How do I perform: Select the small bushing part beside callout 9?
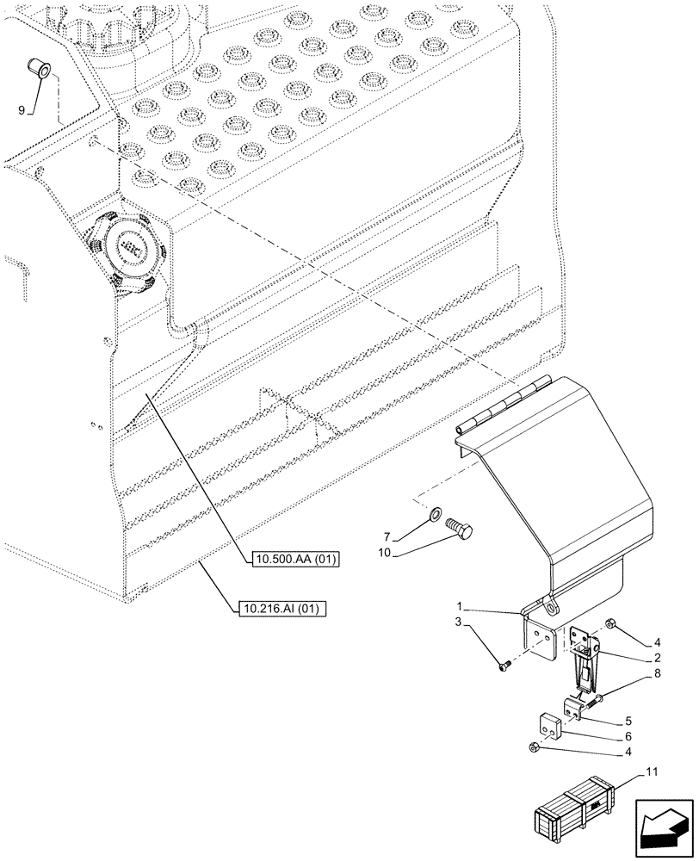click(38, 66)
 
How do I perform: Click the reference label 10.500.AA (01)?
click(297, 561)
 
